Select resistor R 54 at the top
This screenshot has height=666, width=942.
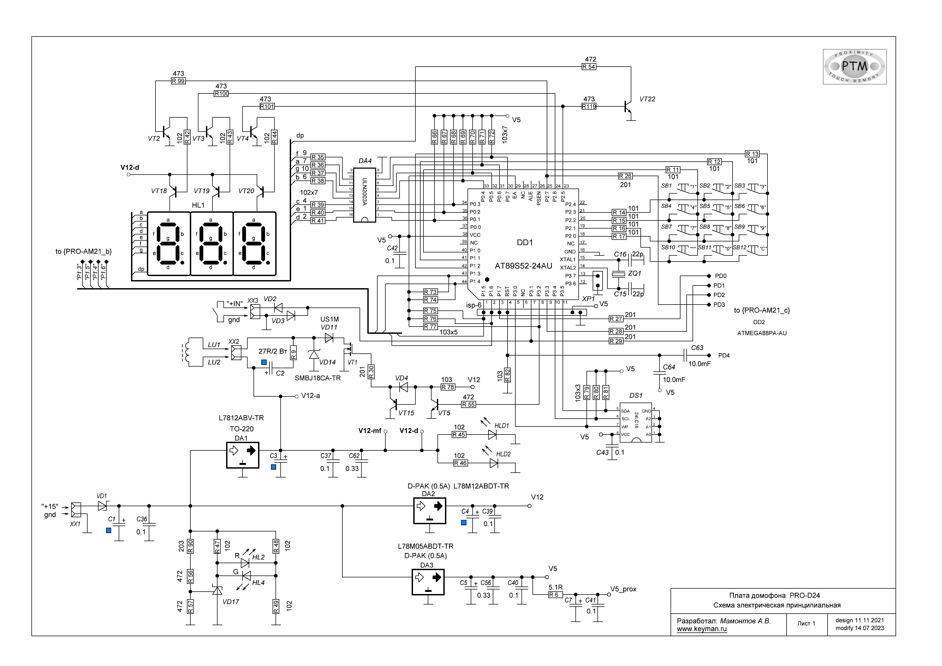589,67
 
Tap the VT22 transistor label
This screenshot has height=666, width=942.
647,99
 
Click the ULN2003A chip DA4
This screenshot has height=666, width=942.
364,195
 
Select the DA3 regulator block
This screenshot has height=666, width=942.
428,582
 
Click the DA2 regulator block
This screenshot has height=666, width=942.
429,511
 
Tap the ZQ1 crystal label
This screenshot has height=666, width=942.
635,273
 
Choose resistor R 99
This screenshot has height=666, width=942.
179,81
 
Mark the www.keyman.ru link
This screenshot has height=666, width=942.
702,629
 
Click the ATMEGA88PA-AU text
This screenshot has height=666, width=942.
762,333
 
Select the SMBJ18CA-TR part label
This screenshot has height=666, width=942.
318,378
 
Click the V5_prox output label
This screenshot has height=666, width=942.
623,589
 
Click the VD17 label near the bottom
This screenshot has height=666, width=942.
231,602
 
